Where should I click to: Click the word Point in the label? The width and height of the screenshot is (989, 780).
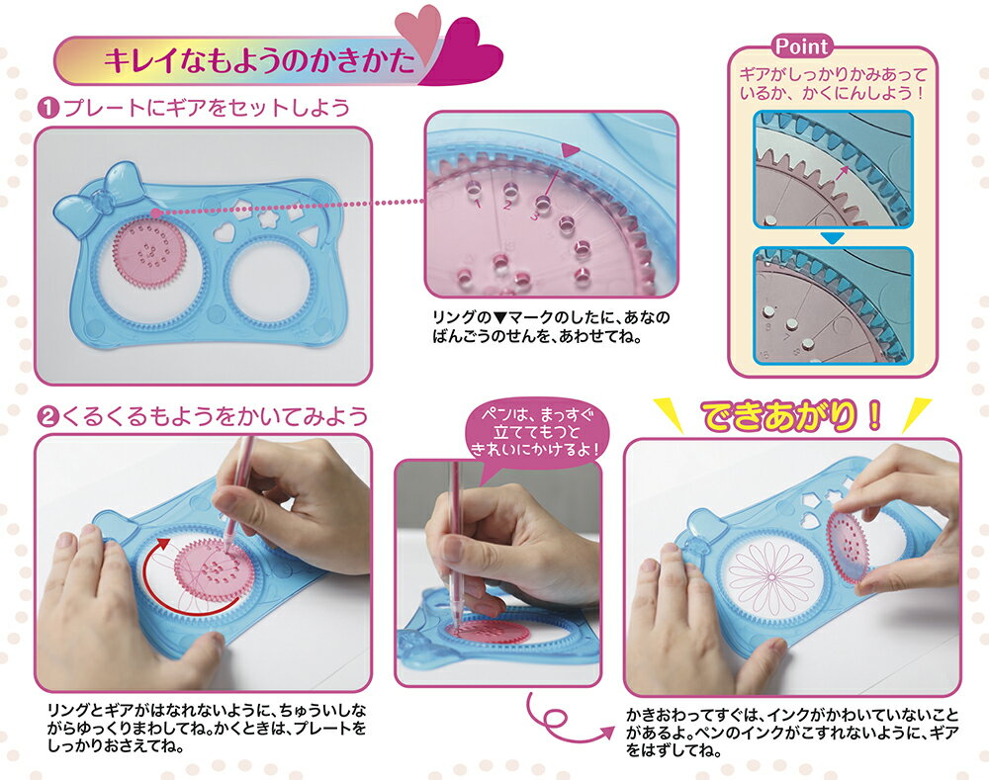802,46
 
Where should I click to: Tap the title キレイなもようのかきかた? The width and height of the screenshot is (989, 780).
260,62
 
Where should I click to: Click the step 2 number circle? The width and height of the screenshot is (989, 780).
47,417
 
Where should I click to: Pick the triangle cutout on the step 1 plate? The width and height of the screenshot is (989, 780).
308,236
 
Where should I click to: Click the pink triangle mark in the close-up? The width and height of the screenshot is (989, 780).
570,150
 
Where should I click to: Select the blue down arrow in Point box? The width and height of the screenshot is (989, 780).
833,238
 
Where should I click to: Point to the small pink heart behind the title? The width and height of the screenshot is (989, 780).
417,28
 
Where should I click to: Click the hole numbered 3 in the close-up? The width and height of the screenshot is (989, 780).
543,203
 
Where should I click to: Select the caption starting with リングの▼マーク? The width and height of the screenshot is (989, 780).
550,326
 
